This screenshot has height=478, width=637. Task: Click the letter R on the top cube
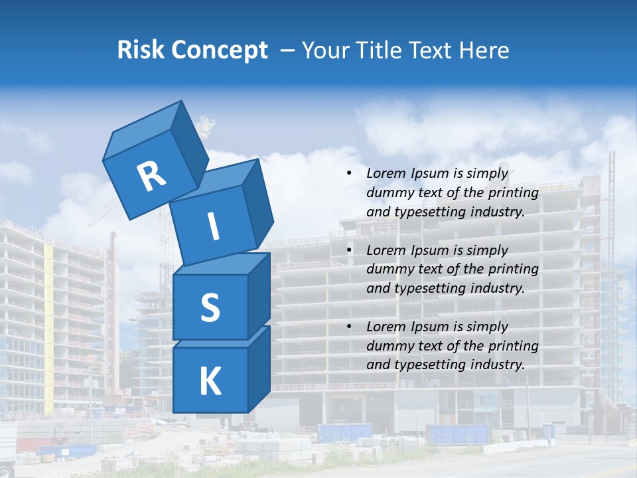point(151,176)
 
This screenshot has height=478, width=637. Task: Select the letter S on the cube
point(210,308)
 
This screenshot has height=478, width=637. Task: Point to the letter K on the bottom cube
point(210,382)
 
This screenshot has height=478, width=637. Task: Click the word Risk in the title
point(141,50)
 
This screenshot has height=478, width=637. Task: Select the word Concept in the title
point(220,50)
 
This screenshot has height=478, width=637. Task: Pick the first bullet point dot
point(349,173)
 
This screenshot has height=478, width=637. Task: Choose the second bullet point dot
point(349,250)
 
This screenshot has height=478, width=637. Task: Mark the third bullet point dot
point(349,327)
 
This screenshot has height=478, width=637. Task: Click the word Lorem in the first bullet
point(386,173)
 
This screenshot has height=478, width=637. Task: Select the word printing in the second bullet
point(513,269)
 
